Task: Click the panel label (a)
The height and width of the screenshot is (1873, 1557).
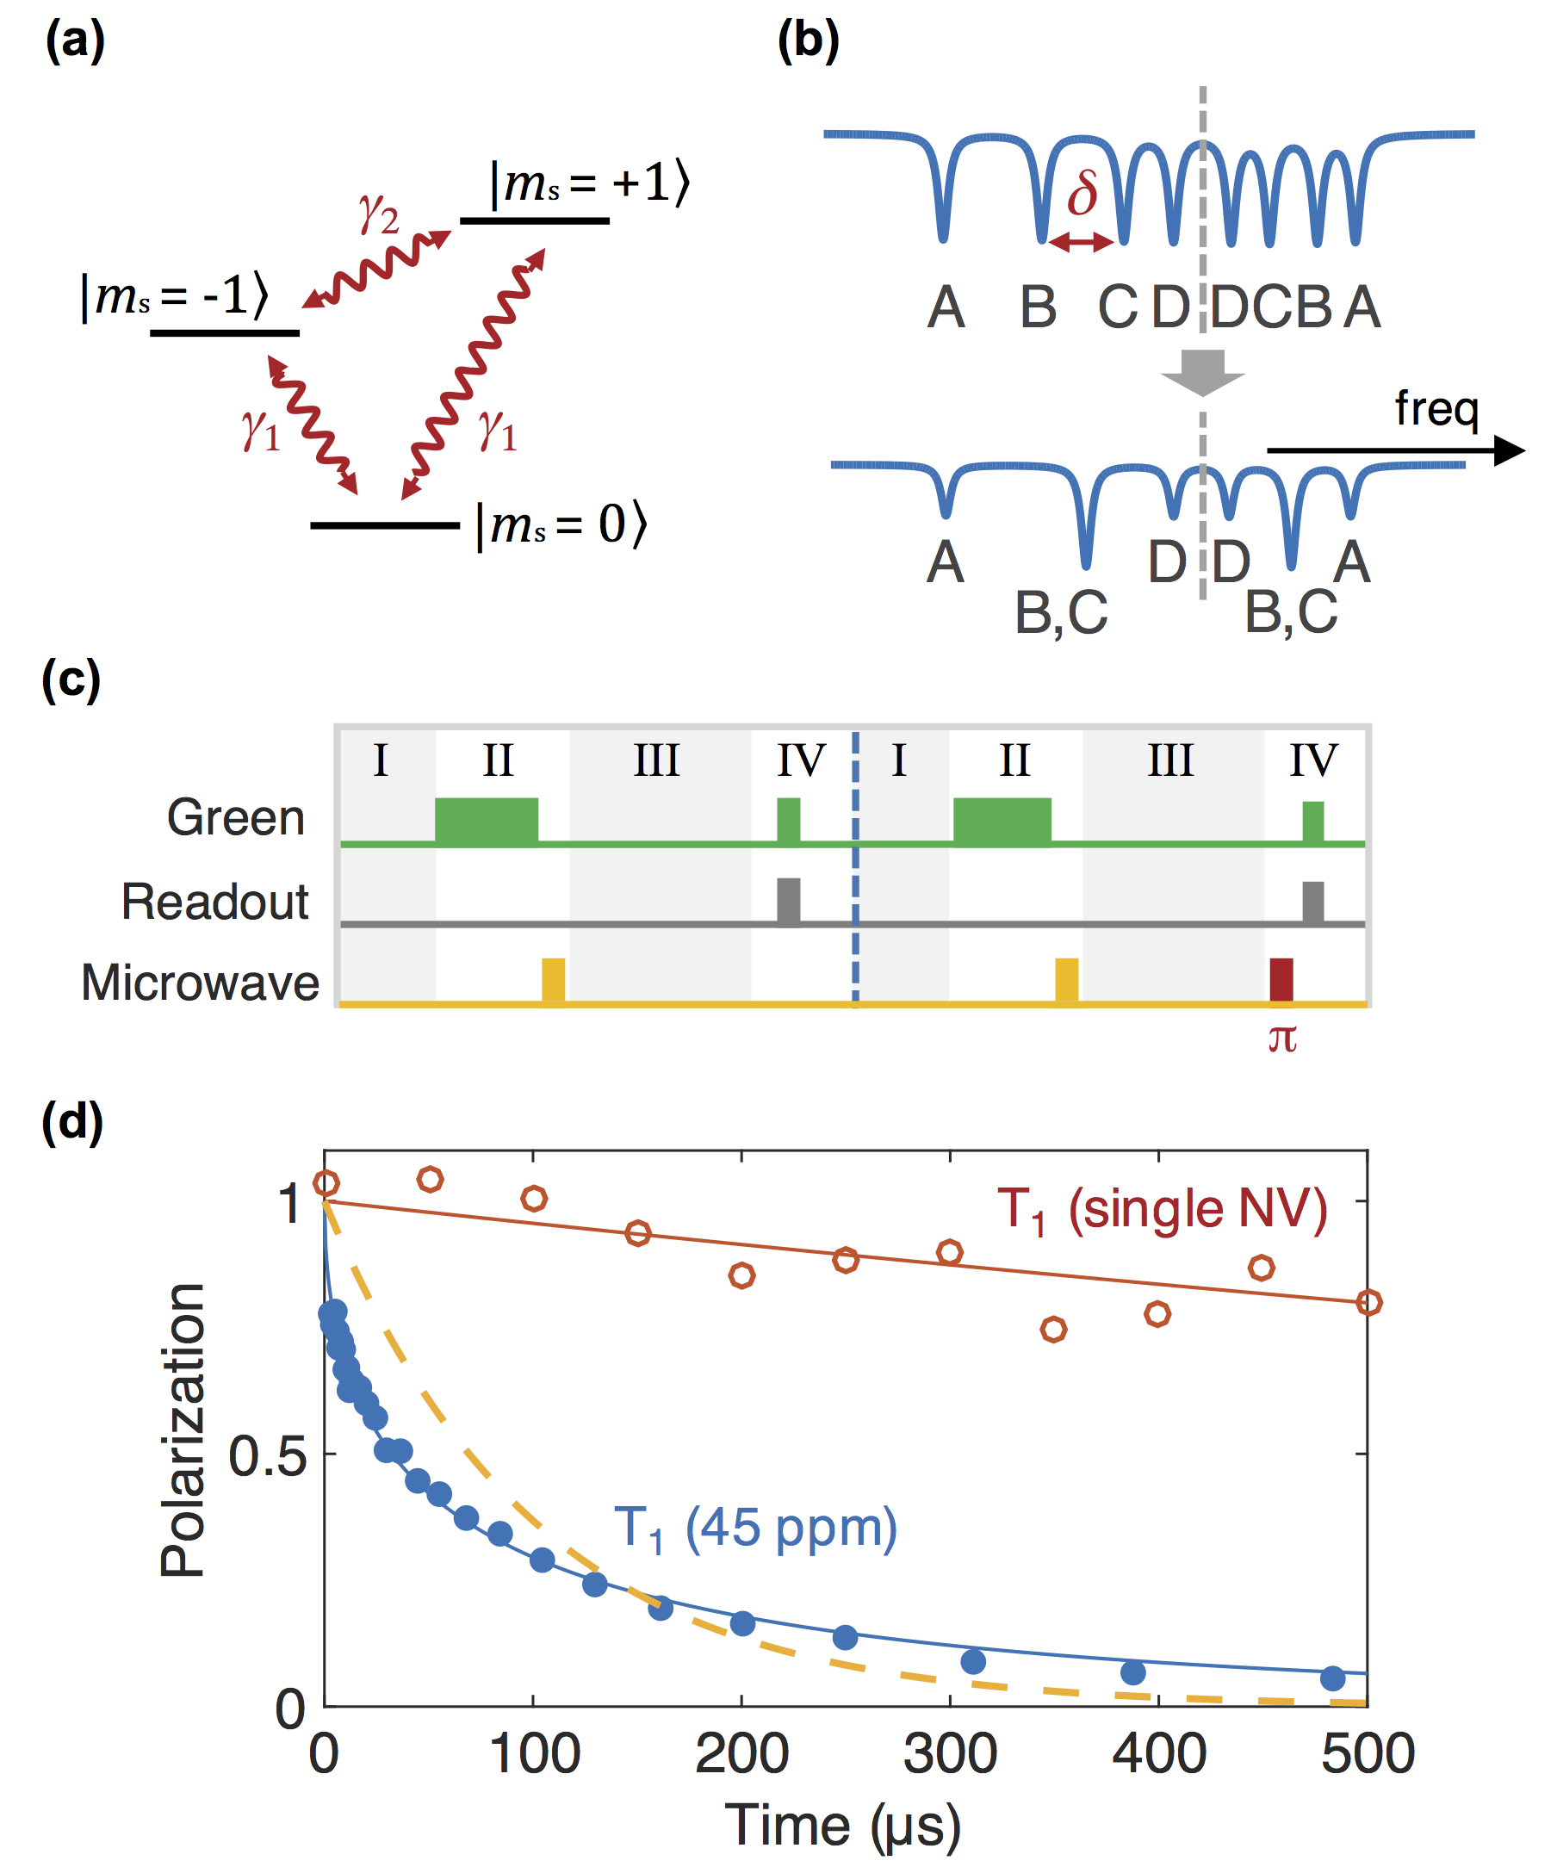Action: pos(75,42)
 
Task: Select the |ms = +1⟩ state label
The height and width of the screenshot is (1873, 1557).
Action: pos(588,183)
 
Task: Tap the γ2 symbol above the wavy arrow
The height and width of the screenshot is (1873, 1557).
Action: pos(378,214)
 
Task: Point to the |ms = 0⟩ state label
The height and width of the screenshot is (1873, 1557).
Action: pos(561,525)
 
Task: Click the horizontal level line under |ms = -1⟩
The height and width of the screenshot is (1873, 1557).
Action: pos(225,333)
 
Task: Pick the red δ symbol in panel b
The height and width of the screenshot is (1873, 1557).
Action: pos(1082,194)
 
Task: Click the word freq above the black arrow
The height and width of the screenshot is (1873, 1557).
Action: pos(1436,408)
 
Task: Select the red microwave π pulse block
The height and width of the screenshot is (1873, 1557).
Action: pos(1281,979)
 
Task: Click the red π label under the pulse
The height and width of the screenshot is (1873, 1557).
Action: pos(1281,1039)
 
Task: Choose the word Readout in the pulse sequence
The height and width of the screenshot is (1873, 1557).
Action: pos(215,902)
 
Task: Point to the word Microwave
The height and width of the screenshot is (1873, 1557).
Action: pos(201,983)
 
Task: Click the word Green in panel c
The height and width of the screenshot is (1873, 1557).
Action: pos(235,818)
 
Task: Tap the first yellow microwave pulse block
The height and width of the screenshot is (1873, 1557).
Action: pos(553,979)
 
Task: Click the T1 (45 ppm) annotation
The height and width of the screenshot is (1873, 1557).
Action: pos(755,1529)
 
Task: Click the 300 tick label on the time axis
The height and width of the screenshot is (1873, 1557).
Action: pos(950,1754)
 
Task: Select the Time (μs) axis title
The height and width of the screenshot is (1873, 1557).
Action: pos(843,1826)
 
